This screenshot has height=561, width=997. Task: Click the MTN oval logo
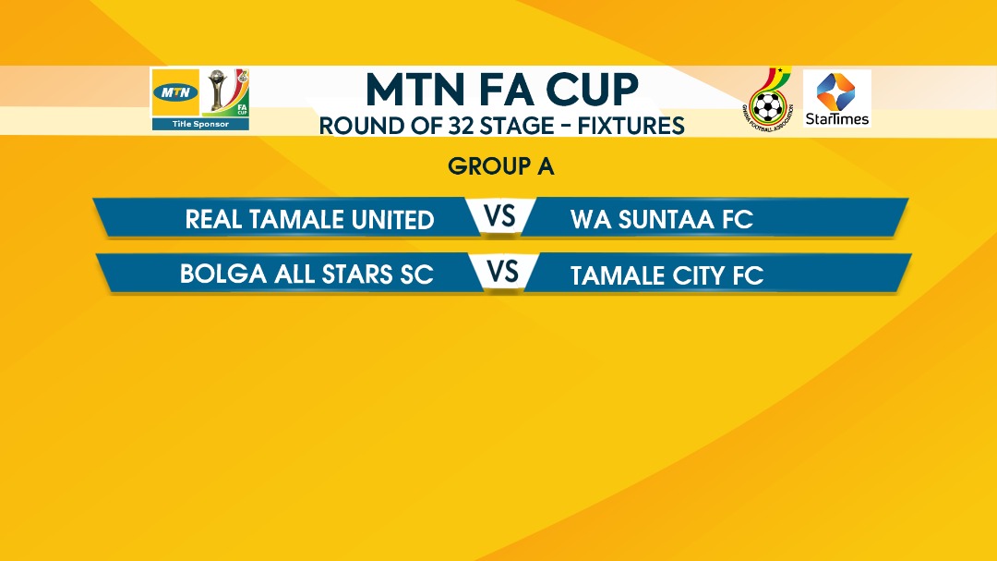tap(175, 93)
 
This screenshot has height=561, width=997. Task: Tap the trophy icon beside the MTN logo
tap(218, 90)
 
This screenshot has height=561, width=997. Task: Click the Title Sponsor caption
tap(200, 124)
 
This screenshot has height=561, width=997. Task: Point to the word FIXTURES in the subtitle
tap(631, 126)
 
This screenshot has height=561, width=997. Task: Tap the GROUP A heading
tap(501, 167)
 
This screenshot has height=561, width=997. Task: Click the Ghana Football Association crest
tap(768, 100)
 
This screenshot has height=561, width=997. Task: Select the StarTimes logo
tap(836, 98)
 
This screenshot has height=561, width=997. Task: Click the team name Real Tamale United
tap(309, 220)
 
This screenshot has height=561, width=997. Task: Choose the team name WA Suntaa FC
tap(662, 220)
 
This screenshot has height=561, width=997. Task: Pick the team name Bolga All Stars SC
tap(306, 274)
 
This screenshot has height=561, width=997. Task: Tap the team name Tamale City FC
tap(667, 275)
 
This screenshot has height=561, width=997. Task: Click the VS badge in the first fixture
tap(500, 216)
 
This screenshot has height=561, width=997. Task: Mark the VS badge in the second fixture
tap(503, 272)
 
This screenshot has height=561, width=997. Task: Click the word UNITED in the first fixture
tap(393, 220)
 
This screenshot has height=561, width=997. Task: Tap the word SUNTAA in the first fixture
tap(667, 220)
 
